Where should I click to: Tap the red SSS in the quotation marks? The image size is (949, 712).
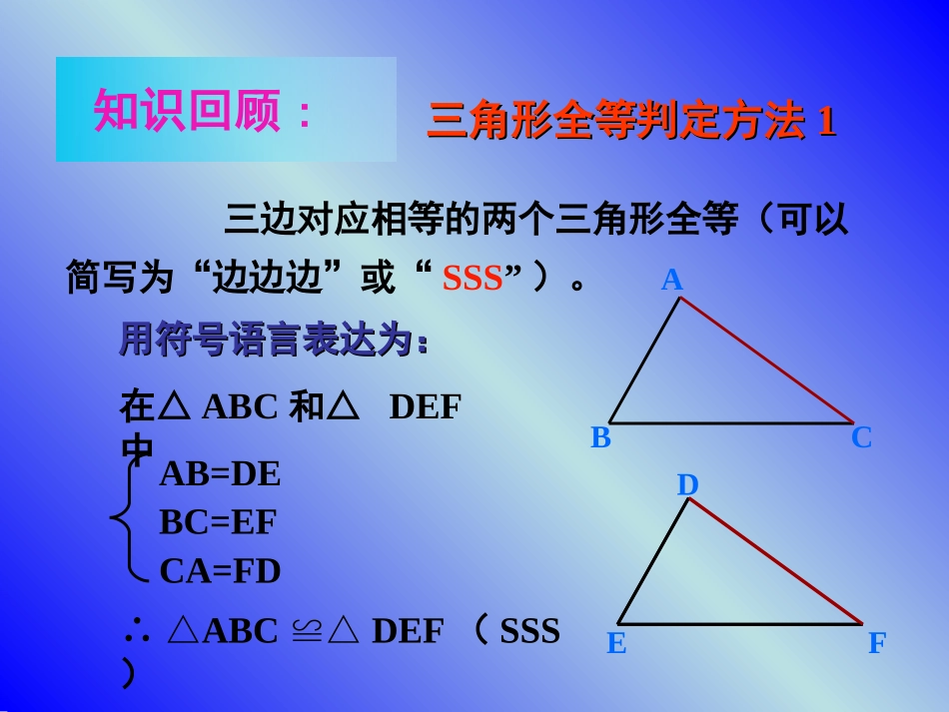pyautogui.click(x=473, y=279)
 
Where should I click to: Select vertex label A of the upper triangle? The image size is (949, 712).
pyautogui.click(x=672, y=281)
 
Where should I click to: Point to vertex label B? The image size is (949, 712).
pyautogui.click(x=600, y=437)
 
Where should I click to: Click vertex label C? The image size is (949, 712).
pyautogui.click(x=861, y=437)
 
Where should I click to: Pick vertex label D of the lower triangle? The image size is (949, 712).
pyautogui.click(x=687, y=485)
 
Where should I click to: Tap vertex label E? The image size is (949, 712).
pyautogui.click(x=616, y=644)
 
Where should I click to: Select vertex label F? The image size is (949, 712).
pyautogui.click(x=876, y=644)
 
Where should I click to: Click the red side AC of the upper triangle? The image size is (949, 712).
pyautogui.click(x=766, y=360)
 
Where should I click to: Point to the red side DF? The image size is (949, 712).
pyautogui.click(x=775, y=560)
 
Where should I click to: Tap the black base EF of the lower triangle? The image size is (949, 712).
pyautogui.click(x=740, y=624)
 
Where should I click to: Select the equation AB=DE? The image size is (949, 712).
pyautogui.click(x=220, y=474)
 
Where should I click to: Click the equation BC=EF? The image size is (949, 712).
pyautogui.click(x=218, y=522)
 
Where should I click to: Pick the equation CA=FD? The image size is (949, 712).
pyautogui.click(x=220, y=571)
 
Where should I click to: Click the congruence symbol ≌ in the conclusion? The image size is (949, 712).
pyautogui.click(x=305, y=631)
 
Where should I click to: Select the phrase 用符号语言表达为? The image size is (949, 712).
pyautogui.click(x=275, y=341)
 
